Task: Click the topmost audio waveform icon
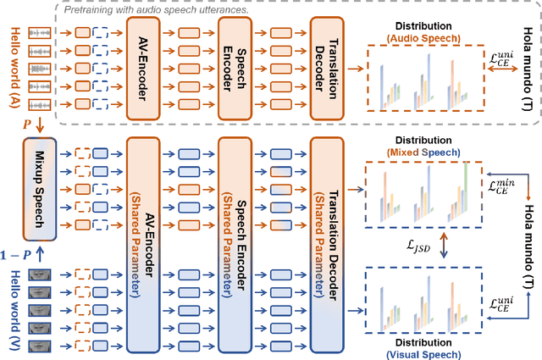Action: point(40,33)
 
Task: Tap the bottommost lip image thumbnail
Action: point(40,345)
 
